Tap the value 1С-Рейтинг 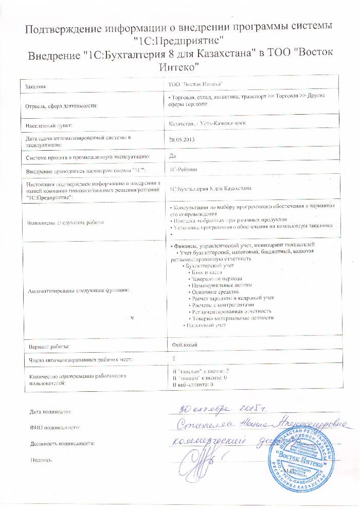[x=183, y=169]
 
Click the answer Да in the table [x=173, y=155]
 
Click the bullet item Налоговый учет [x=205, y=325]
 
